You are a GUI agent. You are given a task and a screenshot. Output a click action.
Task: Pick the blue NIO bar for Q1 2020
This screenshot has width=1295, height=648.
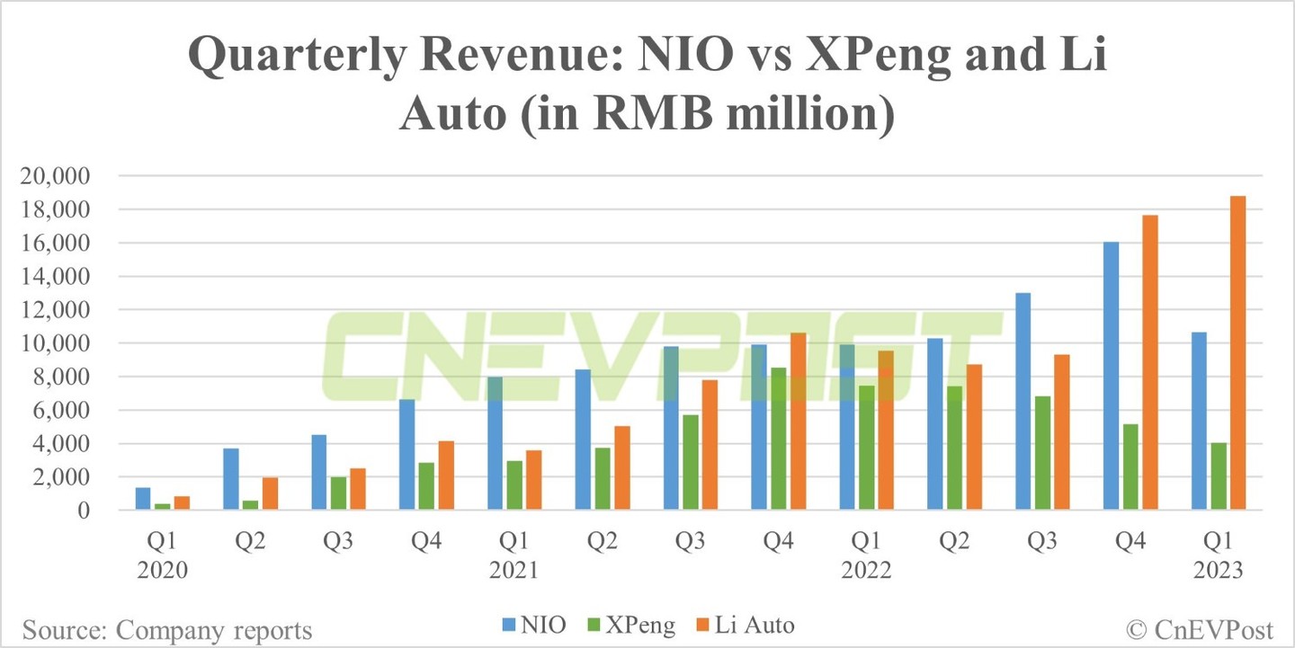[x=143, y=499]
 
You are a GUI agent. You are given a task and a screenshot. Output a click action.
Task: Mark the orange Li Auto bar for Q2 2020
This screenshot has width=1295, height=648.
[x=270, y=493]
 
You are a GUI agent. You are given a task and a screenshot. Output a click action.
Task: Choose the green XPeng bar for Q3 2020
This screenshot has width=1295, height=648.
[x=338, y=493]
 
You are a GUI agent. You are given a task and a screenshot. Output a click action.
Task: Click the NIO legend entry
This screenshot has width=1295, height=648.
[x=533, y=625]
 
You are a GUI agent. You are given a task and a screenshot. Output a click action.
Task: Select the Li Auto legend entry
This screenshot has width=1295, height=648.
[x=745, y=625]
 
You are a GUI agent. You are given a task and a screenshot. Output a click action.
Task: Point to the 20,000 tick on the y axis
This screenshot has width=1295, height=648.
[x=64, y=177]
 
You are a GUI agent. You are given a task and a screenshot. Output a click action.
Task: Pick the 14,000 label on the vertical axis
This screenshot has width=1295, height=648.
[x=64, y=277]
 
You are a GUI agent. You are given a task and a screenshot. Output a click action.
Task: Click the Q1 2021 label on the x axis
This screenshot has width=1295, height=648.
[x=514, y=557]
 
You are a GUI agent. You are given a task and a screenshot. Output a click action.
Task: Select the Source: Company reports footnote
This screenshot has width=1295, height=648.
[x=167, y=630]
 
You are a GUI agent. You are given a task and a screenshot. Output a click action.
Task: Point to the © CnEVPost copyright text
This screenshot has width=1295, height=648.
[x=1203, y=626]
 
